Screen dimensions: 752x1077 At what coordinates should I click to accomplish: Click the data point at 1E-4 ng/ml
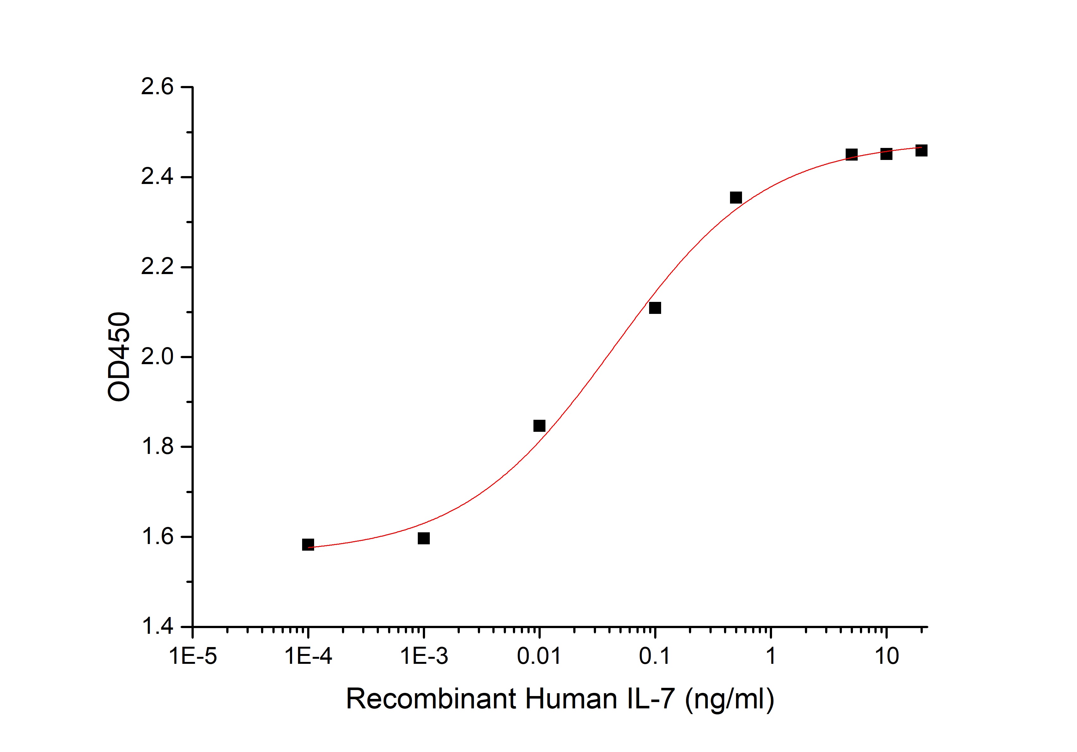(x=308, y=545)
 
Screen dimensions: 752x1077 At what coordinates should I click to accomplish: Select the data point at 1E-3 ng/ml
(x=423, y=538)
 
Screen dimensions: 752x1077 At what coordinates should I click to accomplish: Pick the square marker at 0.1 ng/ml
(x=655, y=308)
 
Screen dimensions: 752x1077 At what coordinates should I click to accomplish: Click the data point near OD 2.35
(x=736, y=198)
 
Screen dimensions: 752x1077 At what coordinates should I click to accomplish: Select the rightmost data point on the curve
(x=921, y=150)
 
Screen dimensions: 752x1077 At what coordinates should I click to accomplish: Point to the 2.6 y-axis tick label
(x=157, y=87)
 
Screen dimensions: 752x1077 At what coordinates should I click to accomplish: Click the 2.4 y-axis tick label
(x=157, y=177)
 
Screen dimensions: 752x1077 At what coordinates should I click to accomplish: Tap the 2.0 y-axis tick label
(x=157, y=357)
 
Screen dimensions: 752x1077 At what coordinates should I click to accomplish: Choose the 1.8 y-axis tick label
(x=157, y=447)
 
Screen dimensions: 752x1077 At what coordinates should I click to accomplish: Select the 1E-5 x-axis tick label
(x=193, y=656)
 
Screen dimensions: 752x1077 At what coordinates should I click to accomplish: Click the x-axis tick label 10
(x=886, y=656)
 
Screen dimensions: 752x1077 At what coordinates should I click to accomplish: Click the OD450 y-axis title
(x=119, y=357)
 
